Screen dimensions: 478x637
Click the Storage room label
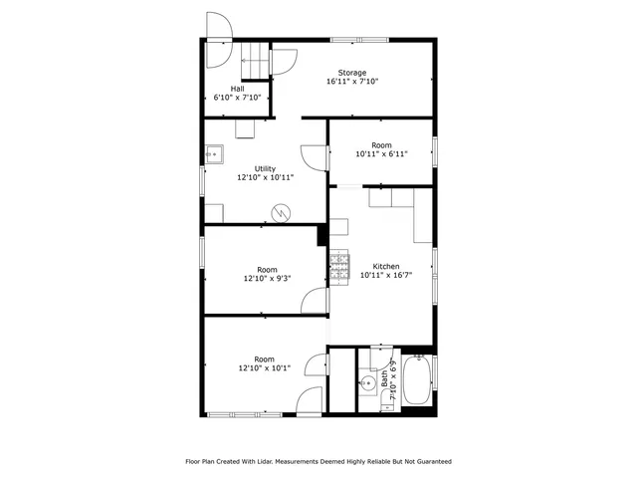[x=351, y=73]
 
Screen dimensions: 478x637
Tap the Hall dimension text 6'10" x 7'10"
[x=237, y=98]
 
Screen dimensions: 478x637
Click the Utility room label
[x=265, y=168]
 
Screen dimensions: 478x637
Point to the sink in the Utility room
[x=213, y=153]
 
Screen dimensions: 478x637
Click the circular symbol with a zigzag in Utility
[x=283, y=212]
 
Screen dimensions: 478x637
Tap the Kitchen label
[x=386, y=266]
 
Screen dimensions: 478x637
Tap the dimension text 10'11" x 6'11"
[x=381, y=154]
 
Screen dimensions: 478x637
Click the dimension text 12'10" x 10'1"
[x=264, y=368]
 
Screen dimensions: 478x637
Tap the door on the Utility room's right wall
[x=317, y=156]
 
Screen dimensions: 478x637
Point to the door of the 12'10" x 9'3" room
[x=316, y=301]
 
